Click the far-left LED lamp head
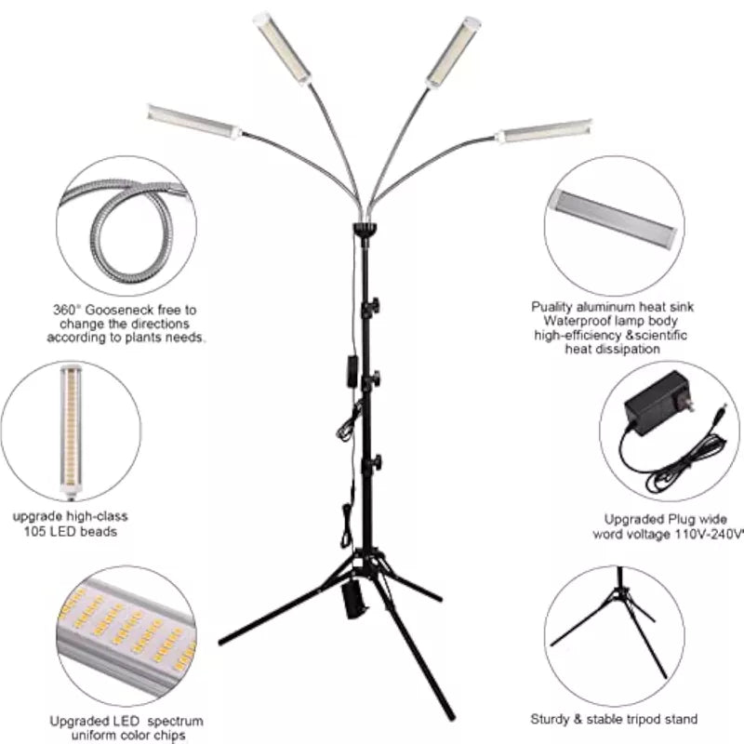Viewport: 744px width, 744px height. point(193,122)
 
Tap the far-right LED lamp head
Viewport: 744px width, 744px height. point(544,131)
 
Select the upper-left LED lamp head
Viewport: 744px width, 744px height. point(284,49)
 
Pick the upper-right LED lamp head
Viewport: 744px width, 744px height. point(453,52)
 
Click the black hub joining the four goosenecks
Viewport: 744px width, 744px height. point(365,228)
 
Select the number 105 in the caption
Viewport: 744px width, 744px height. point(35,531)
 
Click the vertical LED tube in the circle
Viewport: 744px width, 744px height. point(72,431)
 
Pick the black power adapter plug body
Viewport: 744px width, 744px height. point(658,404)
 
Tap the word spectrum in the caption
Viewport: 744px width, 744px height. point(175,722)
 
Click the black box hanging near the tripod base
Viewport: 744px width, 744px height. point(352,599)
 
